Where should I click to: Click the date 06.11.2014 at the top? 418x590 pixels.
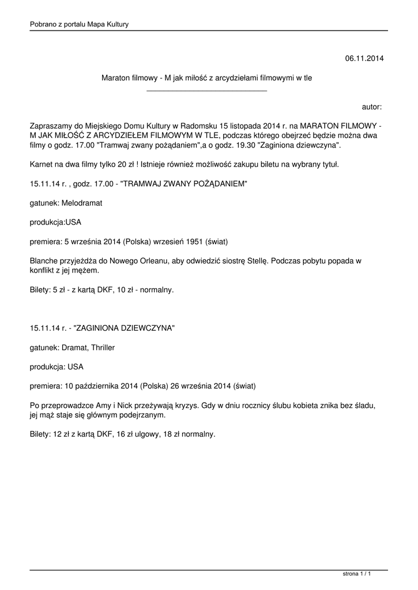364,59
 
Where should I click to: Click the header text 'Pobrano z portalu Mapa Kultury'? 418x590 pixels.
79,24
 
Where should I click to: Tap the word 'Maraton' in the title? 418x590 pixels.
114,78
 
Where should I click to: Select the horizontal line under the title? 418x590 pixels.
207,91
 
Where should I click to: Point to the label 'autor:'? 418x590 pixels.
371,107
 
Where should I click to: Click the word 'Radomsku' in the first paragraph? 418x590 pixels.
199,126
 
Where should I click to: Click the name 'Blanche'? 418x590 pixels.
44,260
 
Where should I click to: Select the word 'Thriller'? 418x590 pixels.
102,347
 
